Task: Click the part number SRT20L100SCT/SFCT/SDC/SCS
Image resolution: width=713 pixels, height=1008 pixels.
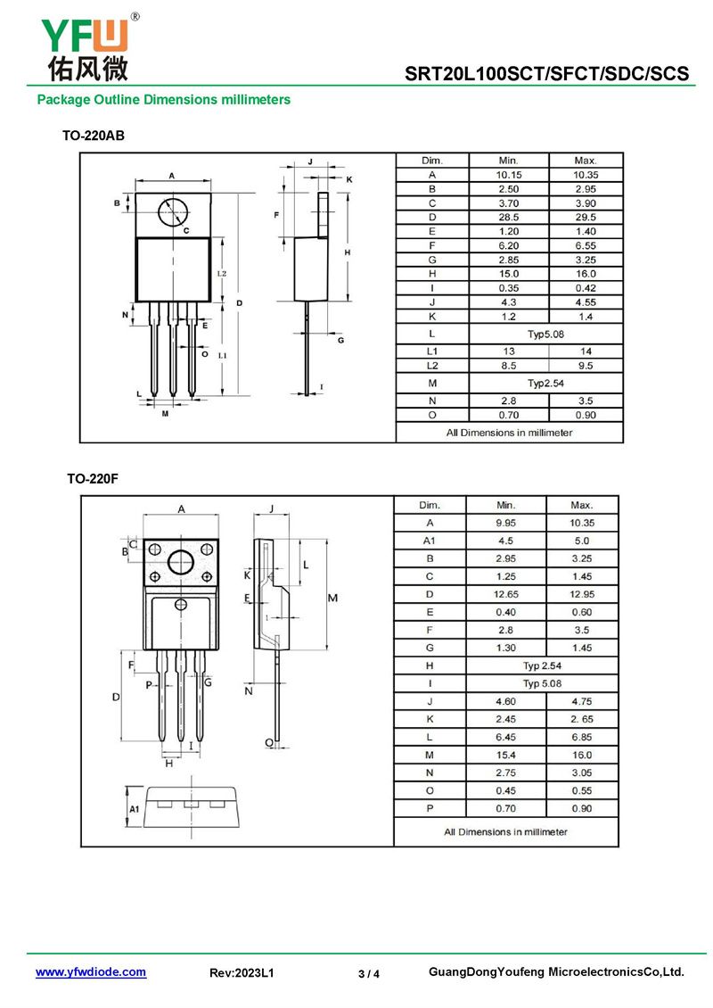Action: (x=547, y=72)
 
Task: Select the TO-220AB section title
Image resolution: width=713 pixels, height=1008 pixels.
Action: (x=93, y=136)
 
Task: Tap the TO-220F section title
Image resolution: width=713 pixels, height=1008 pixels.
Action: (x=93, y=479)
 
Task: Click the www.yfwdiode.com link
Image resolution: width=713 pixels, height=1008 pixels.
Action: (x=91, y=972)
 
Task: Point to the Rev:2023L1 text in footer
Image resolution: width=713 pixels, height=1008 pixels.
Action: (x=242, y=973)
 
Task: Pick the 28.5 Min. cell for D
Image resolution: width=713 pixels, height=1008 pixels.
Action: (x=508, y=217)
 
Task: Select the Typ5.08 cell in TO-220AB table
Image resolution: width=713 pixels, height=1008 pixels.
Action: (x=546, y=334)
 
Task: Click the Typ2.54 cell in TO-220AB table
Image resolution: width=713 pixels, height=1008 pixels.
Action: (x=546, y=383)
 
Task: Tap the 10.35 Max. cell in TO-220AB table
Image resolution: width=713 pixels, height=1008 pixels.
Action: (x=586, y=175)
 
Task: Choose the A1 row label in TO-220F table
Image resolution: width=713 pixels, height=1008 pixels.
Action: (x=429, y=541)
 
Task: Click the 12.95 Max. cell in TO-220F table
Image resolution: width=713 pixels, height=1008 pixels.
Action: (x=581, y=594)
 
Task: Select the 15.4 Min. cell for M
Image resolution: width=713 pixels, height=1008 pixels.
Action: (x=505, y=755)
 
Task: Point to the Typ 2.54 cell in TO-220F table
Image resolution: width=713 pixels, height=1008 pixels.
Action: (x=542, y=665)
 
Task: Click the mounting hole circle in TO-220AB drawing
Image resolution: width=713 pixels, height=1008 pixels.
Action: (x=173, y=212)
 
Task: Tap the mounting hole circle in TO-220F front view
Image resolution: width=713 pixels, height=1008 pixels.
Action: (x=181, y=562)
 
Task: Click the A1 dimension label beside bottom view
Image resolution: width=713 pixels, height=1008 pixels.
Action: (x=135, y=808)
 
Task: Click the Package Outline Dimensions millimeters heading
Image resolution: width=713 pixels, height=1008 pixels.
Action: (x=163, y=100)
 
